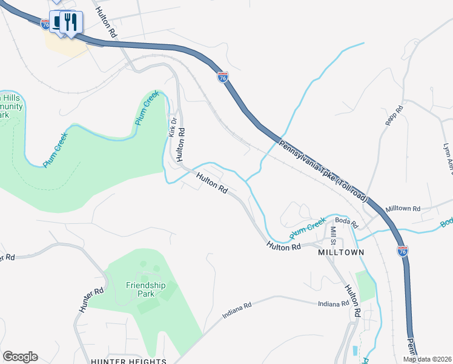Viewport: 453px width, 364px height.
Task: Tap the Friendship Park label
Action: (x=145, y=289)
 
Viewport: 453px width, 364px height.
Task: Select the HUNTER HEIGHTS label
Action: (x=128, y=362)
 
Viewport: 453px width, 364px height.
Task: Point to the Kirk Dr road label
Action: (x=172, y=126)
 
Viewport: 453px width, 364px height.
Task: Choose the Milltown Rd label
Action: (x=403, y=209)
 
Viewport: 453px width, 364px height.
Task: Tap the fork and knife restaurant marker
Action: (x=71, y=23)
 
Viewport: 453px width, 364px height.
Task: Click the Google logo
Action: (x=20, y=356)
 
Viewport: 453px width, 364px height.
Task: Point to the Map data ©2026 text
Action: (x=427, y=359)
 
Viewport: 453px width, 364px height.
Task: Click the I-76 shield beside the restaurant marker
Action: (x=45, y=24)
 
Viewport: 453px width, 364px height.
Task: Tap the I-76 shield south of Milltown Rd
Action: (x=403, y=251)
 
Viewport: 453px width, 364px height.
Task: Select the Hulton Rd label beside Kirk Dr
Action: (x=180, y=144)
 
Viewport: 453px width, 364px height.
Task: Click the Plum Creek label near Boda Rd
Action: (x=307, y=229)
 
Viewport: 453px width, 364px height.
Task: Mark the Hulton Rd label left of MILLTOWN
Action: (x=284, y=246)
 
